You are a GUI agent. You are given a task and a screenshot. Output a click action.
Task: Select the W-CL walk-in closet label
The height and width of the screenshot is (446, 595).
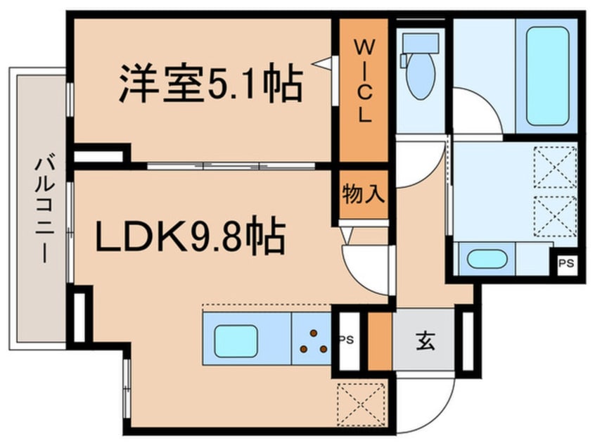(x=363, y=83)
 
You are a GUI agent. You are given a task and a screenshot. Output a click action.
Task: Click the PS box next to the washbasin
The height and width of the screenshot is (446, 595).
(x=564, y=264)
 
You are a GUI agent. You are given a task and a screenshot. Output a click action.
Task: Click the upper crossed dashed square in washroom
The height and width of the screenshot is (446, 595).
(x=555, y=167)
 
